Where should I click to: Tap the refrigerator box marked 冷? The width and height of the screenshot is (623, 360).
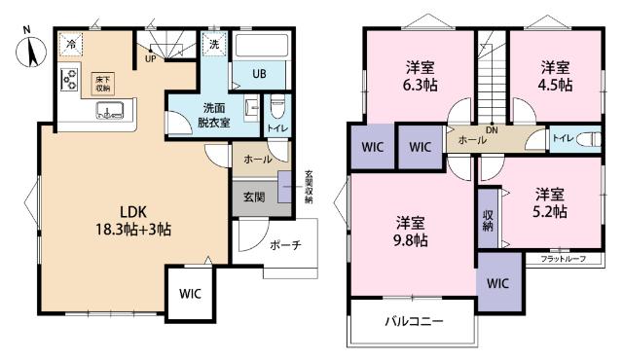click(x=71, y=44)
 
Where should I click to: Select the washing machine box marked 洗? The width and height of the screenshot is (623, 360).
click(x=213, y=44)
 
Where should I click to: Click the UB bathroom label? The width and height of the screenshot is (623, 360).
click(x=261, y=75)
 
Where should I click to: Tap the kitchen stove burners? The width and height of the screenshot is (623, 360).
click(x=70, y=80)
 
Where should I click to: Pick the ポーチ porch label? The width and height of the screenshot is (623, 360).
click(x=284, y=244)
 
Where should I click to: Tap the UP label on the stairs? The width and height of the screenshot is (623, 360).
click(x=151, y=57)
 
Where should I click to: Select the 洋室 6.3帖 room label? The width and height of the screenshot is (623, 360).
click(x=421, y=76)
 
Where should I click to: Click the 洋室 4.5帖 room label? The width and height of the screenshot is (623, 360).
click(x=556, y=76)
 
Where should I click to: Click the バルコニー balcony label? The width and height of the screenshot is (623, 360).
click(x=413, y=320)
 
